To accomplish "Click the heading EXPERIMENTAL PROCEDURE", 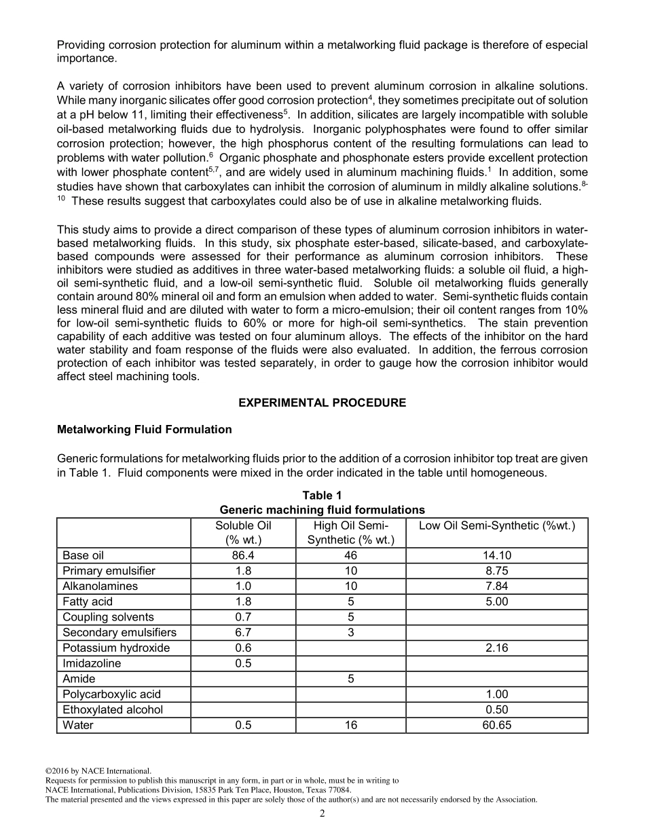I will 322,403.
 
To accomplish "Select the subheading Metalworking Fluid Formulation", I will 144,430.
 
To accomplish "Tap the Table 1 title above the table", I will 322,496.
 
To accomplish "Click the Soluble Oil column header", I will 243,533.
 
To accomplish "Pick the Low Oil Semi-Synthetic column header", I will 497,526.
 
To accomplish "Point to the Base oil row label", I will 84,555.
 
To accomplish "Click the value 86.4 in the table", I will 243,555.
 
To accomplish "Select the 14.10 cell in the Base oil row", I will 497,555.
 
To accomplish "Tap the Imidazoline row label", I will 92,663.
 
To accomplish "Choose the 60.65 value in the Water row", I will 497,725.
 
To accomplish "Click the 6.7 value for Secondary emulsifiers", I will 243,633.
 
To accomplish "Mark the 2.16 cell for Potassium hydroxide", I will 497,648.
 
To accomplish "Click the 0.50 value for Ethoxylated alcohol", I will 497,709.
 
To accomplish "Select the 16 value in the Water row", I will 351,725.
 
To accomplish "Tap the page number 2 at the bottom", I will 322,814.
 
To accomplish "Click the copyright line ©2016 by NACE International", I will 98,771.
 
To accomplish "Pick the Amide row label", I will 79,679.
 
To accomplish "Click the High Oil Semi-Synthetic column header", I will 351,533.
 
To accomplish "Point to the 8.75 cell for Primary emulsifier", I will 497,571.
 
